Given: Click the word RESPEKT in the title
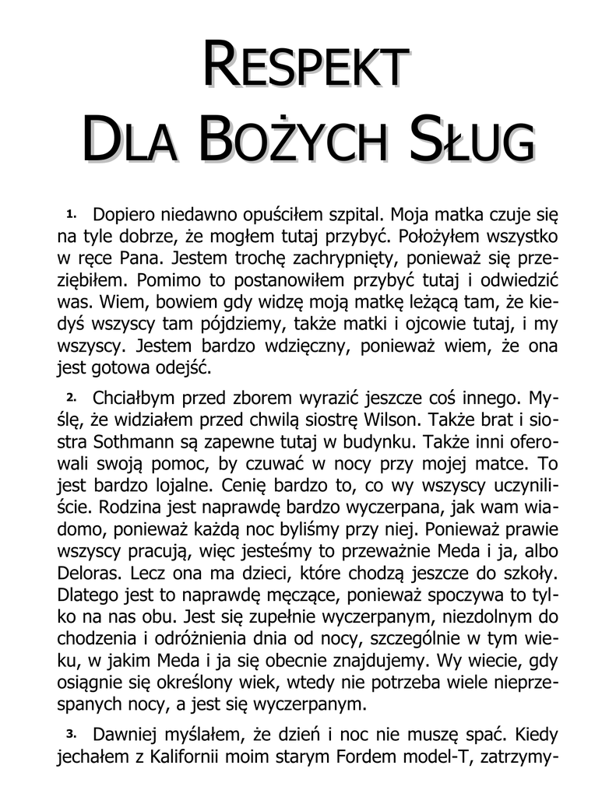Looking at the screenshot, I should point(307,65).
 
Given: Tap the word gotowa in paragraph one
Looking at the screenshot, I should point(122,365).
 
